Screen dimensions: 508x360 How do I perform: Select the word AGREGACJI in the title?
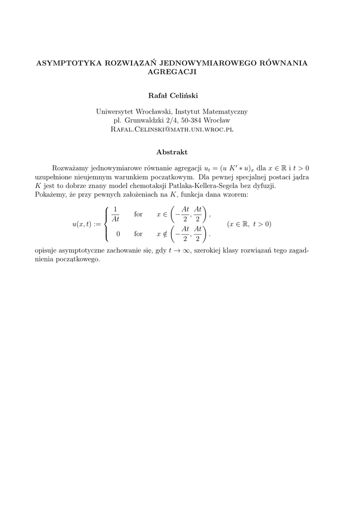point(172,72)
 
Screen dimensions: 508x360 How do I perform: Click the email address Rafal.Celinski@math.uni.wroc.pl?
point(172,129)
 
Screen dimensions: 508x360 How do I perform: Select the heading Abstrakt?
point(172,152)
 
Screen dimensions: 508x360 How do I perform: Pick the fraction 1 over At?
point(115,214)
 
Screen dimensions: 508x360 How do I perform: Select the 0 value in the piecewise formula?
point(118,234)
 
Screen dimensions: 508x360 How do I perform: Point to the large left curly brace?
point(107,224)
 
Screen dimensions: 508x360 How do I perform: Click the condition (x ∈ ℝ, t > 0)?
point(249,224)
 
